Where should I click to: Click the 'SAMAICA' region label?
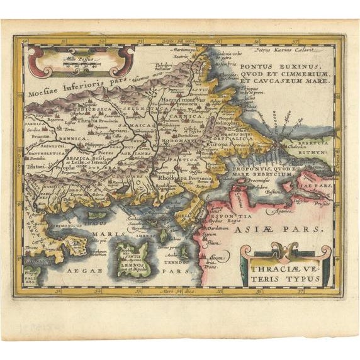click(x=130, y=126)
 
